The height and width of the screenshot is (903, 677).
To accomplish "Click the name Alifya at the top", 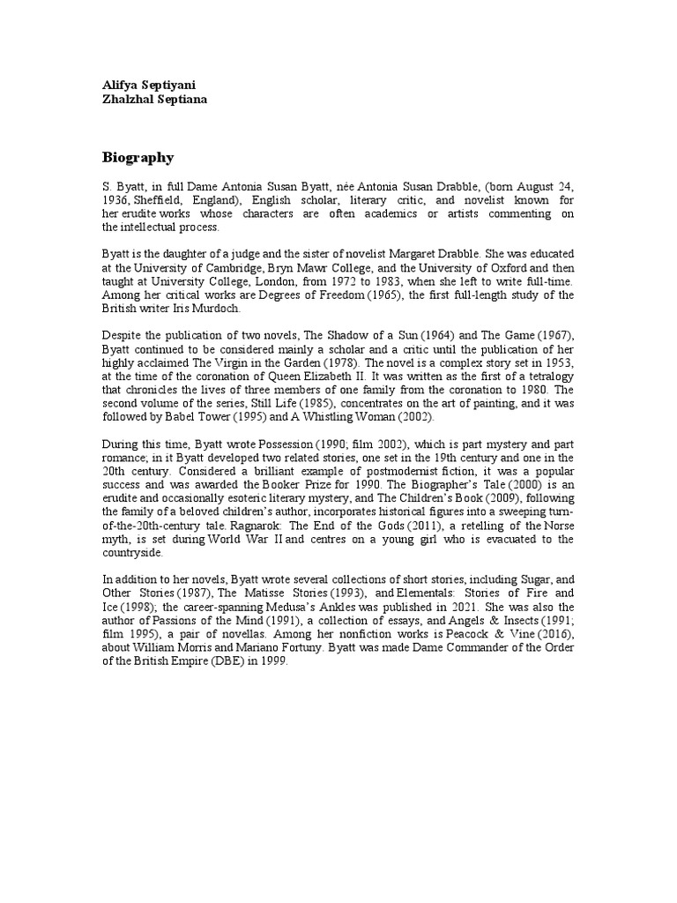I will [x=123, y=86].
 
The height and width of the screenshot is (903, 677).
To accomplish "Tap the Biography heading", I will [x=138, y=158].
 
